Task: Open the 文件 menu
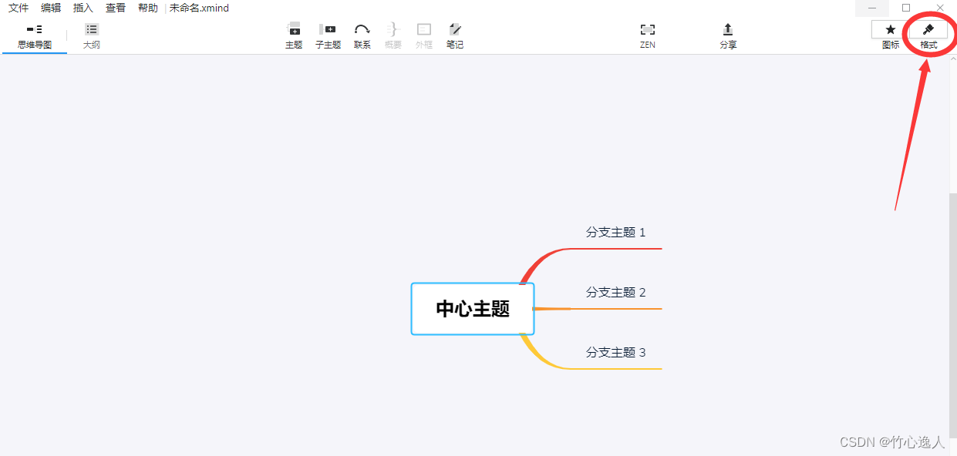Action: (19, 8)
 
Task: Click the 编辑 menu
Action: (51, 8)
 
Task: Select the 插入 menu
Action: (83, 8)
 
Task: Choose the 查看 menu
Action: (116, 8)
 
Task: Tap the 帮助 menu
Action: (147, 8)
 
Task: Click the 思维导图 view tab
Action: (35, 36)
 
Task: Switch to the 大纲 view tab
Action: (92, 36)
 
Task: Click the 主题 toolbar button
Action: (294, 35)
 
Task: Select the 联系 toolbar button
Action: (362, 35)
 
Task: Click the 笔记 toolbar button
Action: (455, 35)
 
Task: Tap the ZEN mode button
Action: (648, 35)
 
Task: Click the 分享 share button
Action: (728, 35)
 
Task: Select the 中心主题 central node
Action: (473, 309)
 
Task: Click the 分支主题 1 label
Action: (615, 233)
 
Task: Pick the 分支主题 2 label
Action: (615, 293)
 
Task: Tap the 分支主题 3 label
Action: (615, 353)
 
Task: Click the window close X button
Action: (940, 8)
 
